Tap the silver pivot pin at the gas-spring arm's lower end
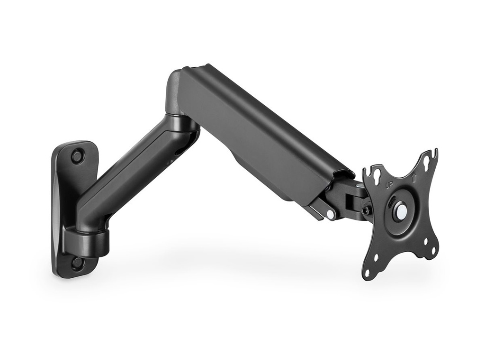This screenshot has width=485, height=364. tap(330, 214)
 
